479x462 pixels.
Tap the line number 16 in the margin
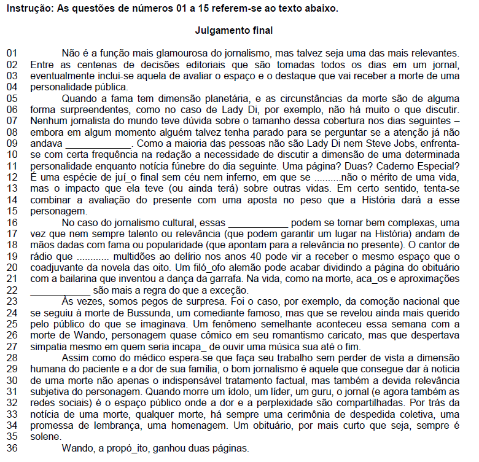point(12,223)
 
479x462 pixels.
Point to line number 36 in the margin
point(12,448)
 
